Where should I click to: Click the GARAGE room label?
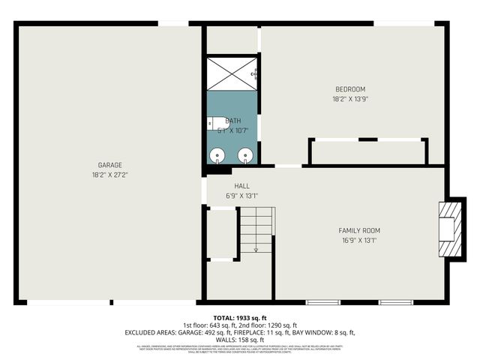[x=109, y=165]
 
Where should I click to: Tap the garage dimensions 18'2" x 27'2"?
[x=109, y=175]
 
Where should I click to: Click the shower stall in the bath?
[x=232, y=73]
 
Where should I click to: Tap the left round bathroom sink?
[x=217, y=156]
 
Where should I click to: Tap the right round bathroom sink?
[x=245, y=156]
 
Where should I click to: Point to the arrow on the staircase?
[x=256, y=248]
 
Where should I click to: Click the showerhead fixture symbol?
[x=256, y=73]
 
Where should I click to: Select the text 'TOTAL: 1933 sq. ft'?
[x=239, y=318]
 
